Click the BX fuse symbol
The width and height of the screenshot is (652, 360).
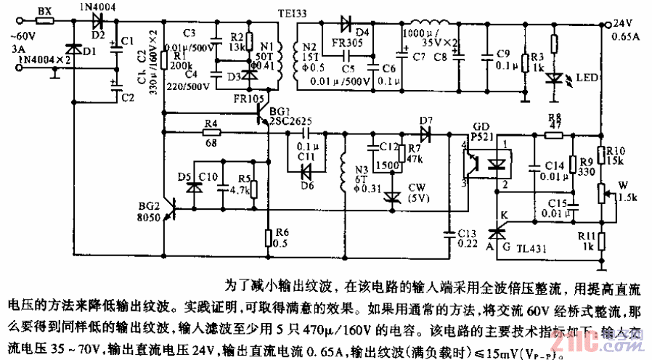pyautogui.click(x=44, y=21)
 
